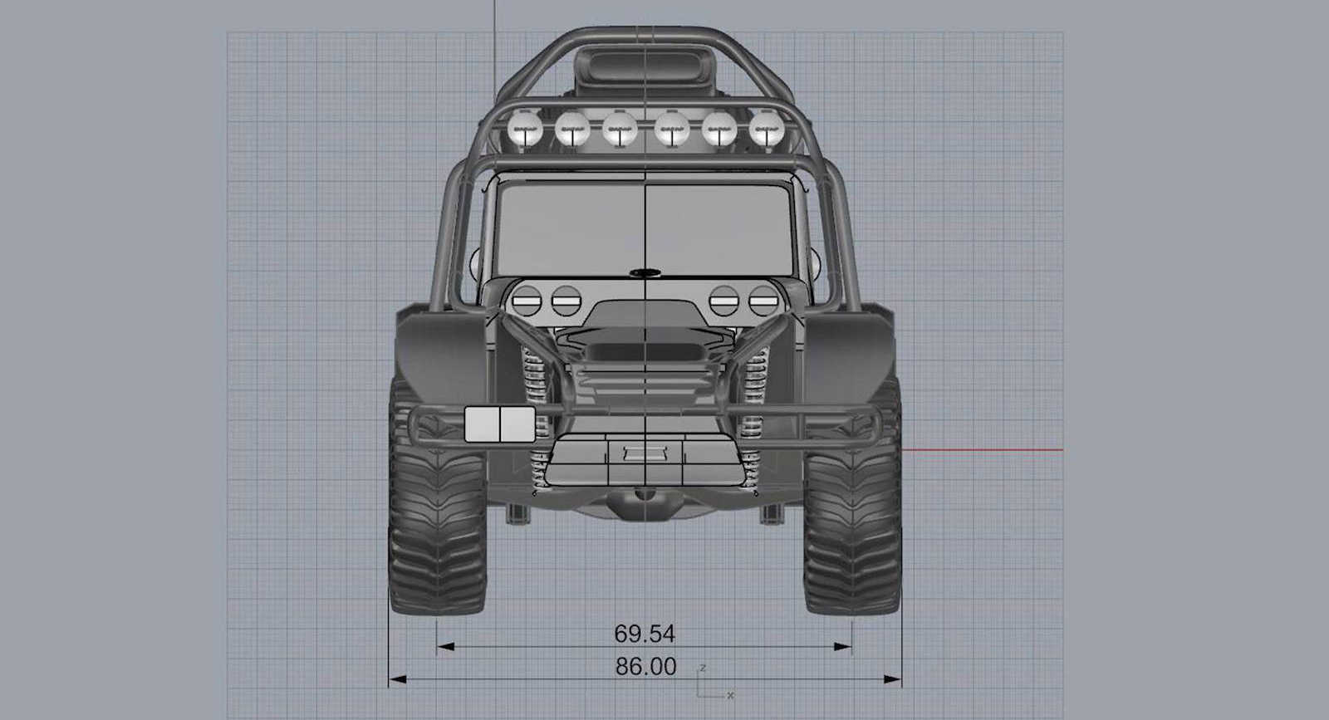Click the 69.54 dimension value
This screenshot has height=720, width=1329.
[x=645, y=634]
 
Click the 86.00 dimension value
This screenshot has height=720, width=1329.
[x=645, y=666]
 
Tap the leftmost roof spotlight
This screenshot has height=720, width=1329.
[x=525, y=130]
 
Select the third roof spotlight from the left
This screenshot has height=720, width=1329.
[x=620, y=130]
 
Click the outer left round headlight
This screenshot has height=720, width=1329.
[x=526, y=300]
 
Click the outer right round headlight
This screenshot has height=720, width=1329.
[x=763, y=300]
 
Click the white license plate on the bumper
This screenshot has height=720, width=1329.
[x=498, y=424]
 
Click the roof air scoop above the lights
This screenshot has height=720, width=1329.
[x=644, y=63]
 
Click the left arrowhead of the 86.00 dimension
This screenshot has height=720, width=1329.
[x=393, y=679]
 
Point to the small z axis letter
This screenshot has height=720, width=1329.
[x=703, y=668]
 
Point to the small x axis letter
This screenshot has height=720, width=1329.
[x=730, y=695]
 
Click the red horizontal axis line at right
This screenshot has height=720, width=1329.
[x=980, y=450]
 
